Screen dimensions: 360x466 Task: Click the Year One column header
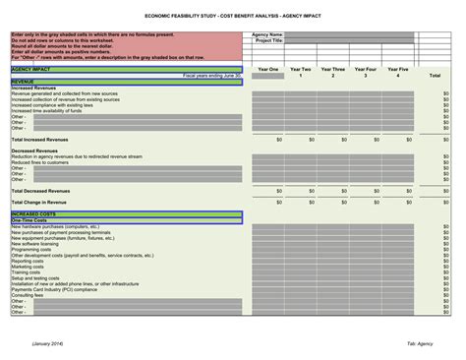[267, 71]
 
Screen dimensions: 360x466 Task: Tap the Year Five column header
[397, 71]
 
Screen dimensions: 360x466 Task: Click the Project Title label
[268, 40]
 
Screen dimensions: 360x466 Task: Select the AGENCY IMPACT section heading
[31, 70]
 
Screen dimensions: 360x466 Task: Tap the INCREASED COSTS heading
[33, 212]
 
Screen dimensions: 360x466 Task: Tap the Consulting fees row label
[29, 295]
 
